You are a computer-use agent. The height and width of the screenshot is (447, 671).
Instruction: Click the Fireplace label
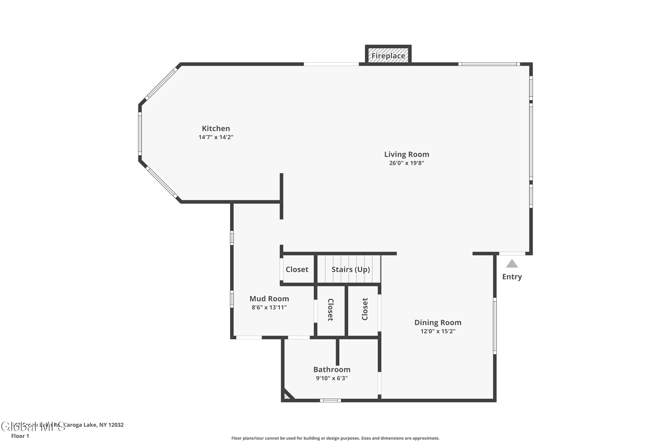coord(388,56)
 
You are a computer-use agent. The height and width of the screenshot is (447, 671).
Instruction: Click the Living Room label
coord(407,154)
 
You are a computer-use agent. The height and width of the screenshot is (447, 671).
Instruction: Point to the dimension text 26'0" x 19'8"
coord(407,163)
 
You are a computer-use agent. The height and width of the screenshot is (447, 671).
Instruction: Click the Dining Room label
coord(438,323)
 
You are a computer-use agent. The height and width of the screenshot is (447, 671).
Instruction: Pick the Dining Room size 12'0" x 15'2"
coord(438,331)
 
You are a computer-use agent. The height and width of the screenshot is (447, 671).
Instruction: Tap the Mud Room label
coord(269,299)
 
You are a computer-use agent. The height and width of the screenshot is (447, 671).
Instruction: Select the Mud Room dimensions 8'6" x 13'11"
coord(269,307)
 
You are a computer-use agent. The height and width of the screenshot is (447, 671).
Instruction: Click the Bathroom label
coord(332,369)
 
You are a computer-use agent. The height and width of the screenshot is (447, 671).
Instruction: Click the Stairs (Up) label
coord(351,269)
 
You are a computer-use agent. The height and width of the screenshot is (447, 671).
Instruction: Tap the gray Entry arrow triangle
coord(512,264)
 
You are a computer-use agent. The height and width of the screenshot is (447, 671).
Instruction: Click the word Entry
coord(512,277)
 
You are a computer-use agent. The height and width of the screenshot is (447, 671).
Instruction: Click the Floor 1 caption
coord(20,436)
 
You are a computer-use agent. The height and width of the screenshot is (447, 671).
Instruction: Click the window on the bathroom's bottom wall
coord(330,401)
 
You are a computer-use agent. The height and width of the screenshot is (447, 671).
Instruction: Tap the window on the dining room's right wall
coord(495,326)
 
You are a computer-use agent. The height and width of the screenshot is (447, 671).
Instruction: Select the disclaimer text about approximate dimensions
coord(335,438)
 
